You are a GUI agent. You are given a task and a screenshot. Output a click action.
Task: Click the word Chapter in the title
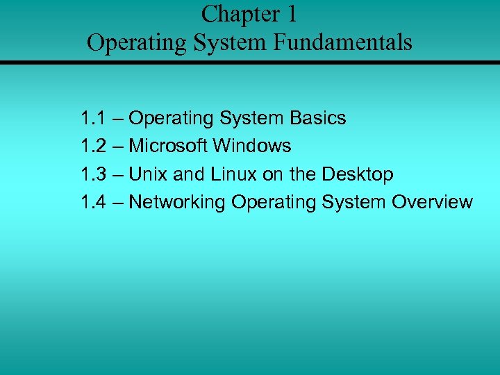[x=235, y=14]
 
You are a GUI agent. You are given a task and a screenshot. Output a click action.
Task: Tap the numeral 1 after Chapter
[x=290, y=14]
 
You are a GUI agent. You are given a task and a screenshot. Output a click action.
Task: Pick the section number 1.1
[x=93, y=118]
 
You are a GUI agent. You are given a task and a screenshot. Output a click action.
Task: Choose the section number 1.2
[x=93, y=146]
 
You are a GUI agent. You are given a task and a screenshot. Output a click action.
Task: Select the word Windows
[x=252, y=146]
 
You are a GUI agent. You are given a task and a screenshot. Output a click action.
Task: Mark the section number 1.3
[x=93, y=174]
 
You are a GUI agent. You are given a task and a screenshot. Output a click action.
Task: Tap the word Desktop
[x=358, y=174]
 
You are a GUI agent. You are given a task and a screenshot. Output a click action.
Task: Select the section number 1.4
[x=93, y=202]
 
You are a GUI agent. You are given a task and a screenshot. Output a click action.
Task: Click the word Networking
[x=177, y=202]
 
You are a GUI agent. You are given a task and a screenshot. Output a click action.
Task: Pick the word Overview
[x=432, y=202]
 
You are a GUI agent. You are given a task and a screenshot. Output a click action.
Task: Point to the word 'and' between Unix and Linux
[x=187, y=174]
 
